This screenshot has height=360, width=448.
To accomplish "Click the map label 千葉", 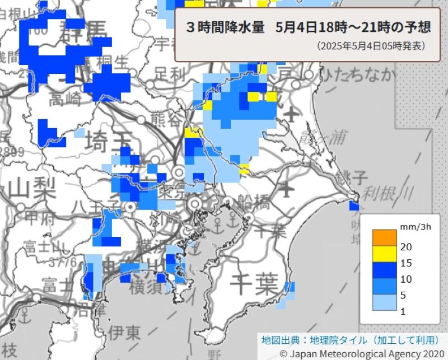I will (254, 284).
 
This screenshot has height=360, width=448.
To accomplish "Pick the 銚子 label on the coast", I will (353, 179).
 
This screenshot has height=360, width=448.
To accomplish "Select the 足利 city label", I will (170, 73).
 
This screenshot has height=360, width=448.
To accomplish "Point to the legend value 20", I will (407, 246).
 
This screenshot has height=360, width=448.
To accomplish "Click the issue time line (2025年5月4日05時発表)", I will (370, 45).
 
